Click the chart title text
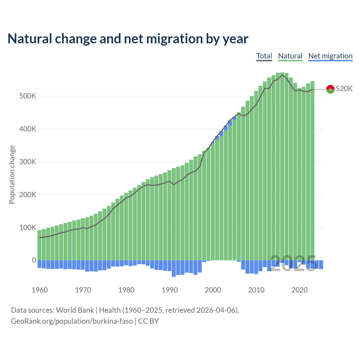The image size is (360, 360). point(128,39)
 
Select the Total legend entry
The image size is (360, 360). point(264,56)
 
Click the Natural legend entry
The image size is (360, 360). point(290,56)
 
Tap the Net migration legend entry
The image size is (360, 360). point(330,56)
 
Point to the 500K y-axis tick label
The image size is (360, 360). point(28,96)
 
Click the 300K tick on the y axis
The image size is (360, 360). point(28,162)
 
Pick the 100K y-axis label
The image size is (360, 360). point(28,228)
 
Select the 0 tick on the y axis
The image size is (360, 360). point(34,260)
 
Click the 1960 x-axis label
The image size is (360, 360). point(40,290)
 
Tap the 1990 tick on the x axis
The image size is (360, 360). point(170,290)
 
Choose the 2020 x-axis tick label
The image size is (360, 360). point(300,290)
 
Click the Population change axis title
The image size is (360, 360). point(12,174)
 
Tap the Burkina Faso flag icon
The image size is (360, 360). point(330,89)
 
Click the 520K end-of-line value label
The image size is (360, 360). point(344,89)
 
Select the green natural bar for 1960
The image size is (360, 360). point(40,245)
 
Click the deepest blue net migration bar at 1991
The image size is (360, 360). point(174,268)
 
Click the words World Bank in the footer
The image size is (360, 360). point(75,310)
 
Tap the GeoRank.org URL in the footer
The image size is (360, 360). point(72,321)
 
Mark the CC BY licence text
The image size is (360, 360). point(148,321)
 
